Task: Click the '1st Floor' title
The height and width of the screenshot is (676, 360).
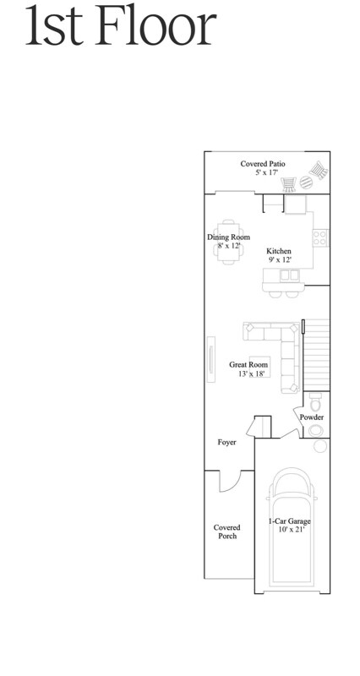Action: (x=119, y=27)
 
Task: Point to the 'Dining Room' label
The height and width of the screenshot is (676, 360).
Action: (x=228, y=237)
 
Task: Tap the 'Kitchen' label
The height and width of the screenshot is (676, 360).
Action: (x=279, y=251)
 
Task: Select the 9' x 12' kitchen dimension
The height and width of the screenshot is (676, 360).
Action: (x=279, y=260)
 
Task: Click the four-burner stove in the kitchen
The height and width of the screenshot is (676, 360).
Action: (x=320, y=237)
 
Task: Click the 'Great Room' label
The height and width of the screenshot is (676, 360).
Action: (x=248, y=365)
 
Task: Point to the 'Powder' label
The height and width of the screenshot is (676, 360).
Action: (x=312, y=417)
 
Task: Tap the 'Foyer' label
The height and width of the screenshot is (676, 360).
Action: (x=226, y=442)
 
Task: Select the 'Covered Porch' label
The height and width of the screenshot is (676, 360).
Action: (x=226, y=532)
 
